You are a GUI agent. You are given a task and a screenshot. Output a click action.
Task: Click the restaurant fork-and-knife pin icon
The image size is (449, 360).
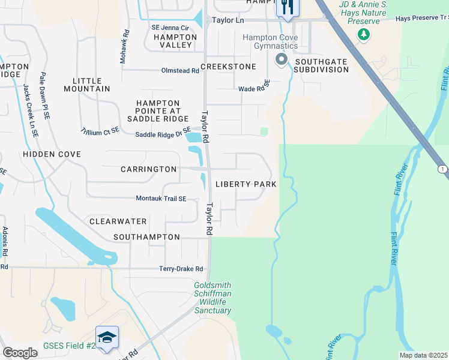click(287, 8)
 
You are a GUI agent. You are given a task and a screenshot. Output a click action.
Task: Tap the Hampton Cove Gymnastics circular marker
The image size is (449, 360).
click(280, 59)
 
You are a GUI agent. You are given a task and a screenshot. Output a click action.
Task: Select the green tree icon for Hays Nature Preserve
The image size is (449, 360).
click(363, 35)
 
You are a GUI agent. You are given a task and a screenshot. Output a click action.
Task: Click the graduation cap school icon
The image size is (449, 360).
click(107, 337)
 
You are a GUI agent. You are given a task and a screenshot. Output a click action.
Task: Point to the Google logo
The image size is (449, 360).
click(20, 353)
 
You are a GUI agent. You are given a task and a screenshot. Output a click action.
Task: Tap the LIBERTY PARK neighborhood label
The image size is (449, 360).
click(246, 184)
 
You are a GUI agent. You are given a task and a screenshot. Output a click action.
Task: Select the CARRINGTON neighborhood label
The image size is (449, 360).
click(149, 169)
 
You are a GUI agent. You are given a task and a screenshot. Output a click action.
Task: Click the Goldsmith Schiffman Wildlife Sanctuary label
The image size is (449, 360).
click(212, 298)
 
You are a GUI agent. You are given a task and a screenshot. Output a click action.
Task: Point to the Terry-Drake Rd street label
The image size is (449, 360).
click(181, 269)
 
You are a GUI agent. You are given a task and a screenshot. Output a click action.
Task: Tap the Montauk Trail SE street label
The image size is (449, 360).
click(161, 199)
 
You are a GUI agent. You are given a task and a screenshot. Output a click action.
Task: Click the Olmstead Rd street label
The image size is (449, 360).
click(180, 71)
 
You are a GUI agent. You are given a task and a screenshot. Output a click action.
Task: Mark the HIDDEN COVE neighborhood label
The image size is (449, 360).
click(52, 154)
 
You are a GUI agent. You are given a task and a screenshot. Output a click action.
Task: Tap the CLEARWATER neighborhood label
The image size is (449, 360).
click(118, 221)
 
